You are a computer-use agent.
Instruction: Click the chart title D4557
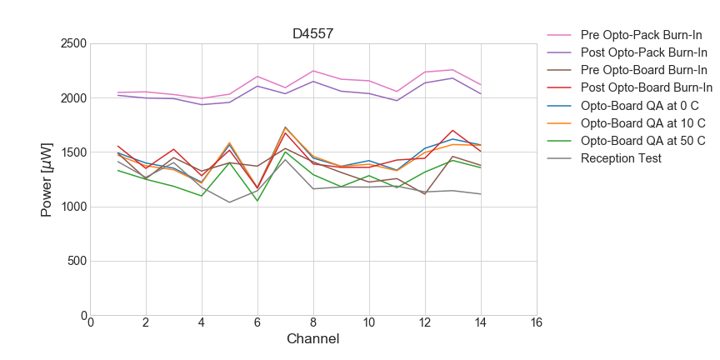[x=313, y=34]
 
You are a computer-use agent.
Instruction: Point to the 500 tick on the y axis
[x=77, y=262]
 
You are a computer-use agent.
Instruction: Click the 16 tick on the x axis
[x=537, y=322]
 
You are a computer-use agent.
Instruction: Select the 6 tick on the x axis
[x=257, y=322]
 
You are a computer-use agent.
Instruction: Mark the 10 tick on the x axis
[x=369, y=322]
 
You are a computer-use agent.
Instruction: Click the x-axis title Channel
[x=313, y=339]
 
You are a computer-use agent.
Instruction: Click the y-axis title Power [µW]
[x=47, y=179]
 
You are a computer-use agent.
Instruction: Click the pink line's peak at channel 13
[x=452, y=70]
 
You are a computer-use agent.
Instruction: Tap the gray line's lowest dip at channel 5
[x=230, y=202]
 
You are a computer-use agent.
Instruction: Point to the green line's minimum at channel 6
[x=257, y=201]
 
